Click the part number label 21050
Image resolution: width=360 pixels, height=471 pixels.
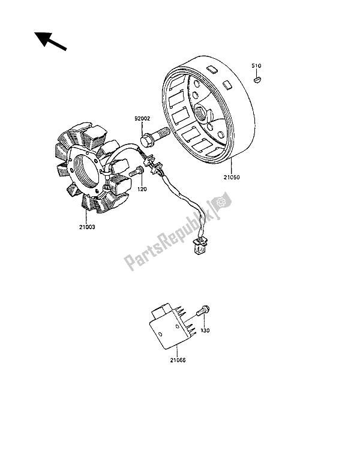[232, 178]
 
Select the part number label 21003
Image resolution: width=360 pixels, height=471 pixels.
[87, 227]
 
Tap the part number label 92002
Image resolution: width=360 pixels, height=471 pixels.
[142, 119]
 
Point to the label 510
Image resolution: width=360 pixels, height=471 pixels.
[256, 65]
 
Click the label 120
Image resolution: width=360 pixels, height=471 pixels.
[142, 189]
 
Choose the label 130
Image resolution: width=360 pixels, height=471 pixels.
[205, 331]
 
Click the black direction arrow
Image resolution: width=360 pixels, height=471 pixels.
[50, 41]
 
